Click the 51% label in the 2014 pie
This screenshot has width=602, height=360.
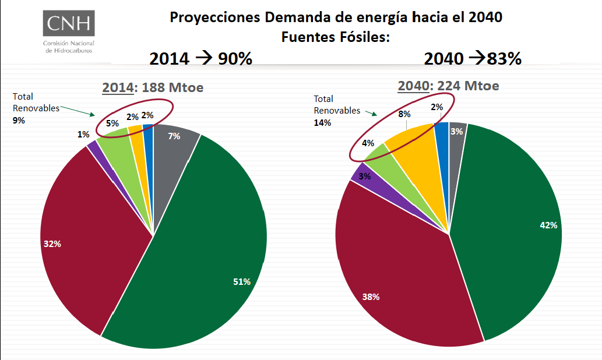(241, 282)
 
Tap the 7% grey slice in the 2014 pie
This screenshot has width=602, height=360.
(174, 146)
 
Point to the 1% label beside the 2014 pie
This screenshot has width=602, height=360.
(83, 134)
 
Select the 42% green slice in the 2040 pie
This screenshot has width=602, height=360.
(513, 233)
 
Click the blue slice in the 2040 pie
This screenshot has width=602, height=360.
(442, 140)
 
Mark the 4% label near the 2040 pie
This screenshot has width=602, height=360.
(368, 142)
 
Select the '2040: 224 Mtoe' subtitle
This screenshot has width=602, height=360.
(448, 86)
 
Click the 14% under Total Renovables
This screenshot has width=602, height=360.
(322, 122)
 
